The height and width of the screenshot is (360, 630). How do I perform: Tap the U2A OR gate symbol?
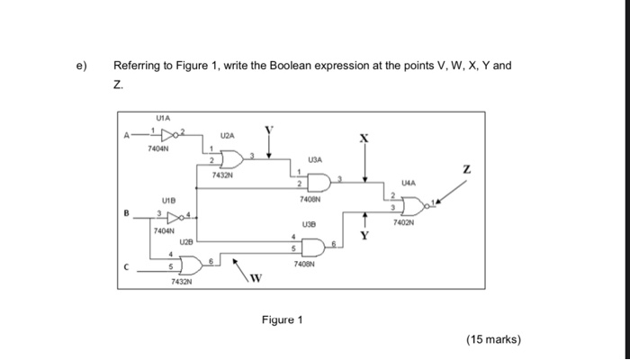[x=232, y=159]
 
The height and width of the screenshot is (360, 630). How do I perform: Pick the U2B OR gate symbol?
[x=192, y=265]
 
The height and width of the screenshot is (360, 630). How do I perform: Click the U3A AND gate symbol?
[x=319, y=183]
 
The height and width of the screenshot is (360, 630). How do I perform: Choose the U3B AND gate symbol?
[x=313, y=247]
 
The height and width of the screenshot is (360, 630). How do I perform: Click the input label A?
[x=127, y=135]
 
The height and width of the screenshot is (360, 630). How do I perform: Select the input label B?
[x=127, y=213]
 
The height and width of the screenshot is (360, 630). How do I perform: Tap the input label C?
[x=127, y=266]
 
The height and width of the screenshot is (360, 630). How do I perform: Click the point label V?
[x=269, y=130]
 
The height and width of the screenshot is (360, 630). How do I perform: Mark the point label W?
[x=256, y=278]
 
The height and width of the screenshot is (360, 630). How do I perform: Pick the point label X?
[x=364, y=139]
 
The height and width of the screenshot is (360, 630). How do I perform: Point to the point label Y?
[x=364, y=236]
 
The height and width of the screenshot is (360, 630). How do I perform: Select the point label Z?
[x=466, y=169]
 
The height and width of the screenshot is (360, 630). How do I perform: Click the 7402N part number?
[x=403, y=222]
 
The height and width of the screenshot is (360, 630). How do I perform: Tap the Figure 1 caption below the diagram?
[x=282, y=319]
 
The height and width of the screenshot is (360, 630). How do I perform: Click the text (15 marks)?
[x=493, y=339]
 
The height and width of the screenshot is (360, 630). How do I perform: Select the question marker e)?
[x=82, y=66]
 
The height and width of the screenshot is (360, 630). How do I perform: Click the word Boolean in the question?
[x=291, y=65]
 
